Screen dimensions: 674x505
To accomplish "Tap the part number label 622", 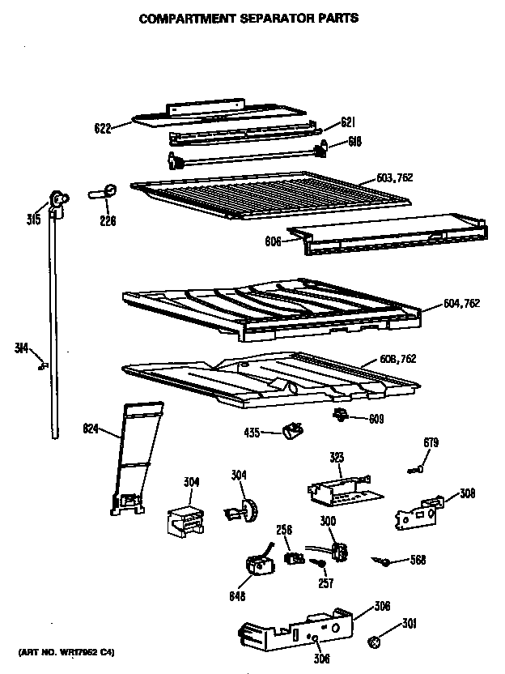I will tap(101, 126).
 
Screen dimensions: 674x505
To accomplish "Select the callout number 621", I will tap(348, 122).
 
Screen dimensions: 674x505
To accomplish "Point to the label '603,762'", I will tap(394, 178).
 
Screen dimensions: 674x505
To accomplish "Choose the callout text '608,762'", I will tap(397, 359).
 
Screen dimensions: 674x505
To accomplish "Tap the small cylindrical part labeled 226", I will tap(104, 193).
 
